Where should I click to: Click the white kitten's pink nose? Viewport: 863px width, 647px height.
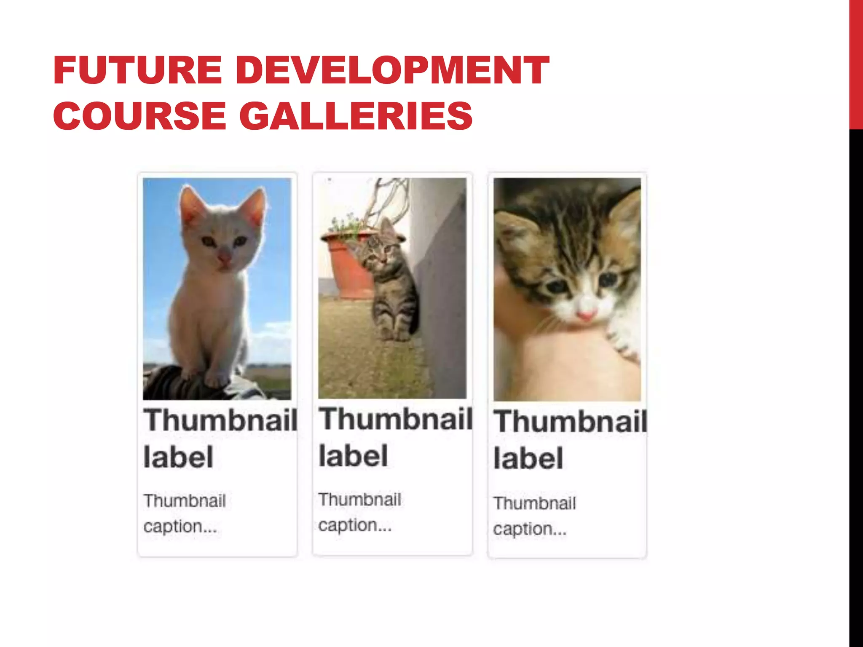point(225,257)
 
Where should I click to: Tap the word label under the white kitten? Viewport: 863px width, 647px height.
point(178,457)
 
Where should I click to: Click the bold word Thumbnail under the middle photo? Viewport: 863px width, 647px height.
point(395,420)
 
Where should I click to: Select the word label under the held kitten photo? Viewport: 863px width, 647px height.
point(528,459)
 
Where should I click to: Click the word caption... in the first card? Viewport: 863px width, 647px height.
point(180,527)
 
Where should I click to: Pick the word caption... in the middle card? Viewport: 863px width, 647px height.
point(355,525)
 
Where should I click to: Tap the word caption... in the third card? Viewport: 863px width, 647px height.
point(530,529)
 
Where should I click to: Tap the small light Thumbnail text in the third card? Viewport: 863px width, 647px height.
point(534,503)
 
